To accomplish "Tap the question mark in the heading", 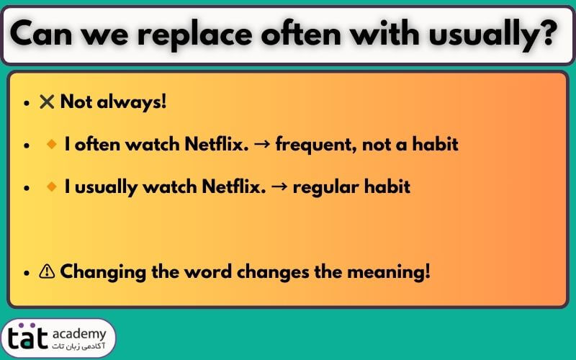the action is (x=549, y=33).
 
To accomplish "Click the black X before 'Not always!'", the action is (x=47, y=102).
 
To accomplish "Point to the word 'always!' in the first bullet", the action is (x=132, y=102).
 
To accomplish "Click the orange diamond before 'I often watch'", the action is (x=52, y=144).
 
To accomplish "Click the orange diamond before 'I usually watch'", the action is (x=52, y=186).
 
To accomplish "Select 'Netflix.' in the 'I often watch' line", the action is (x=217, y=143).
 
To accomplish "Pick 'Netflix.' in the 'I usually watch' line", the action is (x=233, y=186).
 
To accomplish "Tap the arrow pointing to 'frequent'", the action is (x=262, y=143).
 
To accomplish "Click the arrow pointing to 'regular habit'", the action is (x=279, y=186).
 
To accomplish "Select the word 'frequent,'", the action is (x=316, y=145).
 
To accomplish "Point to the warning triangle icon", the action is (x=47, y=271).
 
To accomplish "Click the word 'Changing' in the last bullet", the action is (x=103, y=273).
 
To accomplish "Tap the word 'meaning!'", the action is (x=388, y=273).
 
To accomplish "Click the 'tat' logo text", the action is (x=28, y=336).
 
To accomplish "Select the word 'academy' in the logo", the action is (x=79, y=334).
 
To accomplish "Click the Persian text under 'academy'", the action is (x=78, y=346).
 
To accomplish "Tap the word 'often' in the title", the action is (x=301, y=34).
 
